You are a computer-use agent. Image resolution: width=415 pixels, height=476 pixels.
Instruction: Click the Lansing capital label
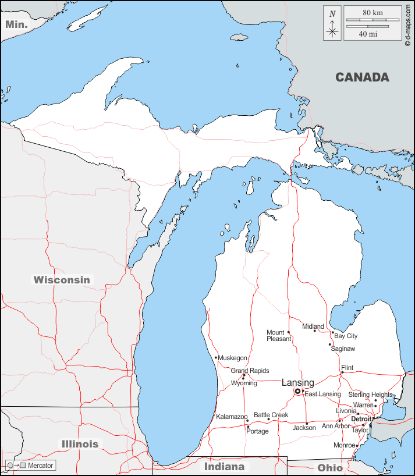point(297,382)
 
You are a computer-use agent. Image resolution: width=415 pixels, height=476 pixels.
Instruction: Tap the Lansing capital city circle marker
point(297,392)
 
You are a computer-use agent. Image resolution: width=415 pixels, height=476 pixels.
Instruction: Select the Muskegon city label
point(232,358)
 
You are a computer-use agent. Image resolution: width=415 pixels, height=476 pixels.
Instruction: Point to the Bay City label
point(346,336)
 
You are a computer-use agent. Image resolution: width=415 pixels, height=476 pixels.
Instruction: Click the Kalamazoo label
point(232,417)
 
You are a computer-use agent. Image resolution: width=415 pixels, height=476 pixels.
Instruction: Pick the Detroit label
point(361,418)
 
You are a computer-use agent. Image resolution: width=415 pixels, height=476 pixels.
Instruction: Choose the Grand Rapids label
point(250,371)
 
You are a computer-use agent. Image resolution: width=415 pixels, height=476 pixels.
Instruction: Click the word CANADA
point(362,77)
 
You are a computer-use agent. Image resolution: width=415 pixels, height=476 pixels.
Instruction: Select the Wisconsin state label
point(62,280)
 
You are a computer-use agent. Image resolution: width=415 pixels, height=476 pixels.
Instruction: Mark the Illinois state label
point(80,444)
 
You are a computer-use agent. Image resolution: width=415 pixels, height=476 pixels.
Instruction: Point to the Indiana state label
point(224,467)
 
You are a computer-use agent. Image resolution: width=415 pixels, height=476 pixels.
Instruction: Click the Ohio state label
point(330,468)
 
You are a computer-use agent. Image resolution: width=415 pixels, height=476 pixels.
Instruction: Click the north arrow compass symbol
point(332,23)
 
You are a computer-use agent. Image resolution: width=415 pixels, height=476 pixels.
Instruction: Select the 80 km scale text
point(373,12)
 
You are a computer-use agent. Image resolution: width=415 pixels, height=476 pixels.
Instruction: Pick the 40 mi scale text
point(367,34)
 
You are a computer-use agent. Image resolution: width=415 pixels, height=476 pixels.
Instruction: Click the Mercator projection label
point(40,466)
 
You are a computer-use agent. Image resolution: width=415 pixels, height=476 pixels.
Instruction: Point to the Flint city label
point(347,368)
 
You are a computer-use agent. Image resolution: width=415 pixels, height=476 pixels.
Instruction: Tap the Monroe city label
point(343,445)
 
